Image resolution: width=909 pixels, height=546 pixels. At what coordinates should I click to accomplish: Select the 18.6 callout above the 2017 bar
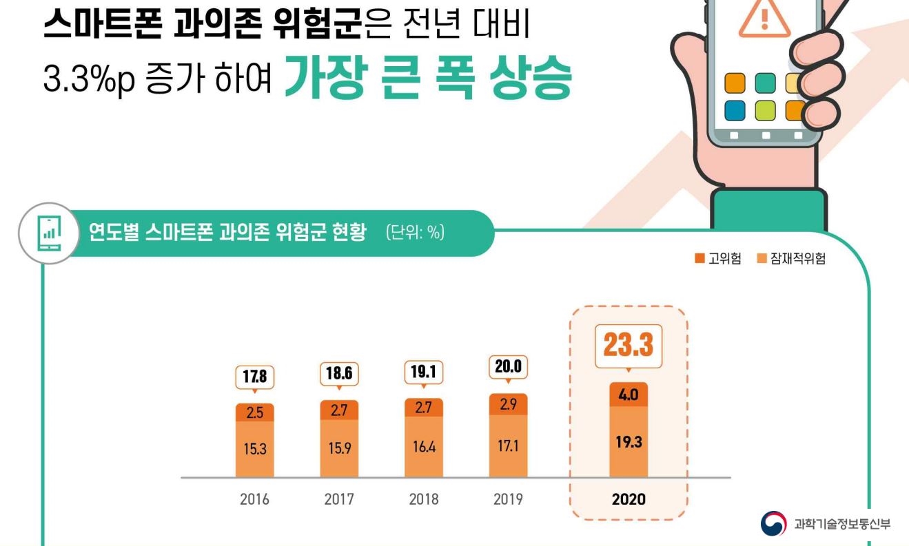(x=339, y=375)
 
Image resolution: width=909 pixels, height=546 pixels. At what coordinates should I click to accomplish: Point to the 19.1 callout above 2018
(x=423, y=372)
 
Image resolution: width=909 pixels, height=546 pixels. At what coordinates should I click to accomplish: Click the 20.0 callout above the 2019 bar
(x=508, y=367)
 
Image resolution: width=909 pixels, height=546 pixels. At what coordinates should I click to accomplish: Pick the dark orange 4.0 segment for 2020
(x=628, y=395)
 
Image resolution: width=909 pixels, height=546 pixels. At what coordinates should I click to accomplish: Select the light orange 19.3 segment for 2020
(x=628, y=441)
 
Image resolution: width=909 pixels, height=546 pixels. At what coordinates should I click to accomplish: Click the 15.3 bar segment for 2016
(x=254, y=449)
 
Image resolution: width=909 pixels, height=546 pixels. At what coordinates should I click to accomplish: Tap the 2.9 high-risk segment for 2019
(x=508, y=405)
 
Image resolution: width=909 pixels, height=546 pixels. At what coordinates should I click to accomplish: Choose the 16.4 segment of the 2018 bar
(x=423, y=446)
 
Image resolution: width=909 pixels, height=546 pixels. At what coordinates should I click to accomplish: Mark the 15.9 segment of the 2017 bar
(x=339, y=448)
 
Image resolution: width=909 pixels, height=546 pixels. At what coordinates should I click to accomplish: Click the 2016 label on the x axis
(x=254, y=499)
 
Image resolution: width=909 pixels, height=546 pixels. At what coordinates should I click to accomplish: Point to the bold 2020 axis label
(x=629, y=499)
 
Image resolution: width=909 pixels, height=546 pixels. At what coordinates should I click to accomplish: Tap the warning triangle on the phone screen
(x=764, y=18)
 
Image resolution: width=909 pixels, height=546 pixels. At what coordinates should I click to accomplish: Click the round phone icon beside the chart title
(x=48, y=233)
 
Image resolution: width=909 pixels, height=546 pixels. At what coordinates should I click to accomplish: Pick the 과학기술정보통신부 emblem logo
(x=773, y=524)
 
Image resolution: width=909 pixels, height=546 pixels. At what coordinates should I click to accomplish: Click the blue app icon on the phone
(x=735, y=110)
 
